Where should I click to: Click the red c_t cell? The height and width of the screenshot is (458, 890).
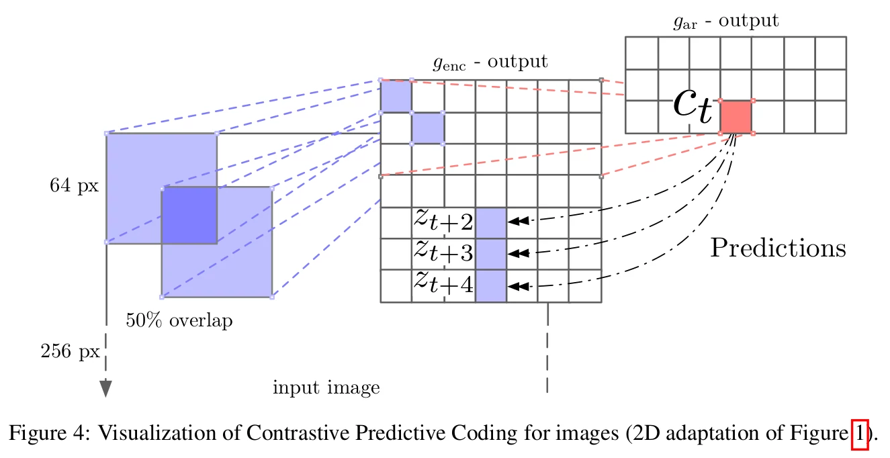tap(736, 117)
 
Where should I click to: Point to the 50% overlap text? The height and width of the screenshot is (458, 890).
tap(179, 320)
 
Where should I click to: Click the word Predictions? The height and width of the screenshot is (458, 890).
tap(778, 248)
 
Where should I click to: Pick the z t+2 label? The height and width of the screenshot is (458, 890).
tap(443, 220)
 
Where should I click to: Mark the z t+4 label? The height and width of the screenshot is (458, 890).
tap(443, 283)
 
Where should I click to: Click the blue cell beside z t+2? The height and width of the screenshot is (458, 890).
tap(491, 223)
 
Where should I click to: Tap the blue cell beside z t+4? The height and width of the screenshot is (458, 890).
tap(491, 286)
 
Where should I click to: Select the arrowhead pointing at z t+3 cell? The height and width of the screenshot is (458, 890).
tap(519, 253)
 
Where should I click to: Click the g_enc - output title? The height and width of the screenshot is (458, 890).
tap(490, 62)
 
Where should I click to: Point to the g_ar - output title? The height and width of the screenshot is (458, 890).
tap(726, 21)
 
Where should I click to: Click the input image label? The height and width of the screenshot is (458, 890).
tap(326, 387)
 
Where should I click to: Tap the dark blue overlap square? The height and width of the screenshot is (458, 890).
tap(189, 216)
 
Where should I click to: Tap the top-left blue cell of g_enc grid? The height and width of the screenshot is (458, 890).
tap(396, 97)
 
